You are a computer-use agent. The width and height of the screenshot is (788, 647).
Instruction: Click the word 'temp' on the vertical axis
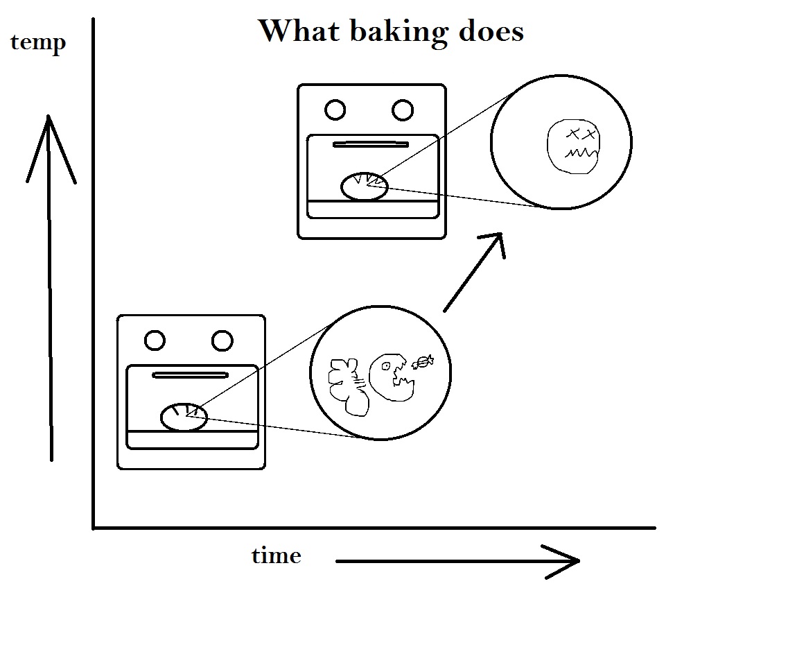click(x=38, y=43)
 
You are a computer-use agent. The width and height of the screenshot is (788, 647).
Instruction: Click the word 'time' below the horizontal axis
click(x=276, y=556)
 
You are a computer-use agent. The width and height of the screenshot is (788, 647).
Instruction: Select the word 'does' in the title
click(x=491, y=31)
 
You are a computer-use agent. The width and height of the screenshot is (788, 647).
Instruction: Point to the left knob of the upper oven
click(x=335, y=110)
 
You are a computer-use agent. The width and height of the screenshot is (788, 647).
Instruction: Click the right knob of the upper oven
click(x=402, y=110)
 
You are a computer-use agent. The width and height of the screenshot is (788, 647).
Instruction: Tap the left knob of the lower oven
click(x=155, y=340)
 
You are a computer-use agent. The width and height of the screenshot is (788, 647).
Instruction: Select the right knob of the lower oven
click(x=222, y=340)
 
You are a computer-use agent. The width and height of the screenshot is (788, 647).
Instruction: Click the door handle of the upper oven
click(x=371, y=145)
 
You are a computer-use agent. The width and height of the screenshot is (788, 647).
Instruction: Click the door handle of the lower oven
click(x=190, y=375)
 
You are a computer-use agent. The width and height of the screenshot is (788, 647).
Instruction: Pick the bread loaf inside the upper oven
click(x=364, y=187)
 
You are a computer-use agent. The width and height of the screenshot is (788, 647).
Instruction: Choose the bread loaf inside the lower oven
click(x=184, y=417)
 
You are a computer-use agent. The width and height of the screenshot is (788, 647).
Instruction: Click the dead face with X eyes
click(x=574, y=146)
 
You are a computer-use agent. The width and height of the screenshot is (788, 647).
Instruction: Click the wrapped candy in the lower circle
click(x=422, y=361)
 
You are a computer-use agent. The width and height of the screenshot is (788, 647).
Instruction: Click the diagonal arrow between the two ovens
click(x=473, y=272)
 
